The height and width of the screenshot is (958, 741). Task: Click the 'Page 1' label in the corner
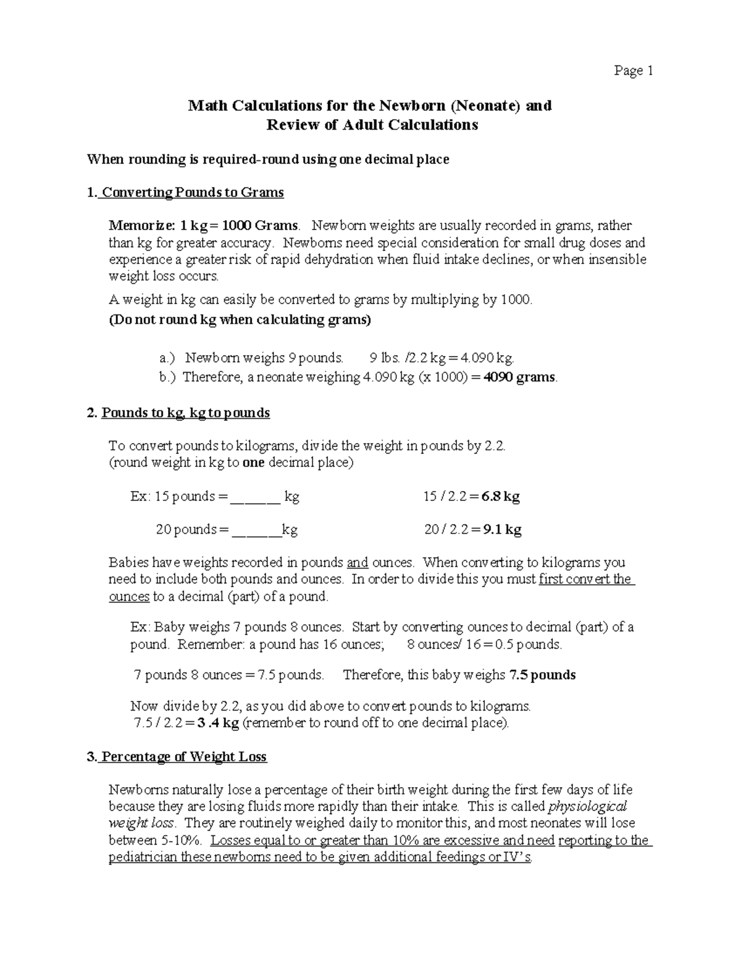point(633,71)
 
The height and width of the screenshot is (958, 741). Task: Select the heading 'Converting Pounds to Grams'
point(192,192)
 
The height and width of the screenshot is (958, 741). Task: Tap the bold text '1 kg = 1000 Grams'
point(242,226)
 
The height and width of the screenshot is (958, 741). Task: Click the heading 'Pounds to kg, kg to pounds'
point(185,413)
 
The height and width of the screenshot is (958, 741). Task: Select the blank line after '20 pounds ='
point(257,530)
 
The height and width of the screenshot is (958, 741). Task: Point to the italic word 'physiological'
point(588,806)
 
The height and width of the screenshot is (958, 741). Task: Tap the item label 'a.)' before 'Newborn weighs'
point(167,358)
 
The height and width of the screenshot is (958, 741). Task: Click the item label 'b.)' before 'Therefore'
point(167,377)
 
